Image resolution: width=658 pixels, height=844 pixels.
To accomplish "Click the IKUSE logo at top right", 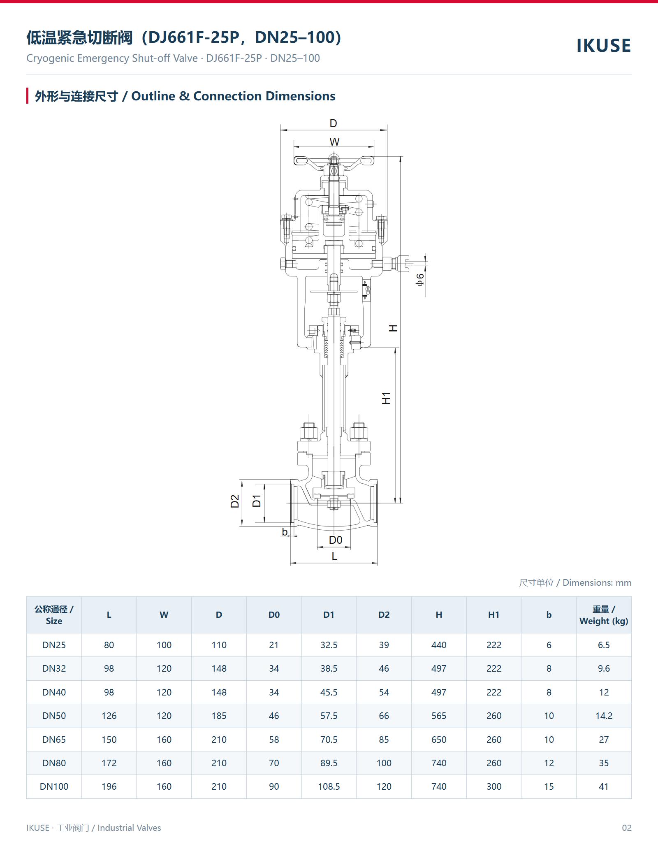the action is [x=603, y=45].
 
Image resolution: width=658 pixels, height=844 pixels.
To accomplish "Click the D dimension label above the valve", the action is [x=333, y=123].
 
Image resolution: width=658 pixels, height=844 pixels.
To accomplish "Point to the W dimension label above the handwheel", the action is [x=334, y=142].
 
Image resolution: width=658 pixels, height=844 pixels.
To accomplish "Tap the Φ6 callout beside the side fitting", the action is [x=419, y=280].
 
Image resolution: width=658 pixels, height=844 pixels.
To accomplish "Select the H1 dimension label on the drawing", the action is [x=386, y=398].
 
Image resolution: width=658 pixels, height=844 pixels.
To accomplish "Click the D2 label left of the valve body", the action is [x=234, y=501].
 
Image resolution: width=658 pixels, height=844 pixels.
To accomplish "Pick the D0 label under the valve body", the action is [x=336, y=540].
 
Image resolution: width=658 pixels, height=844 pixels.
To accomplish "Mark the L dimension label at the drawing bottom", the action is [x=334, y=556].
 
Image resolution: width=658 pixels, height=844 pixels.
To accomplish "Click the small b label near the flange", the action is [x=285, y=532].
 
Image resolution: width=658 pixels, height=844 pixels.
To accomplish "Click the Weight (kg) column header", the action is [x=604, y=615].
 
